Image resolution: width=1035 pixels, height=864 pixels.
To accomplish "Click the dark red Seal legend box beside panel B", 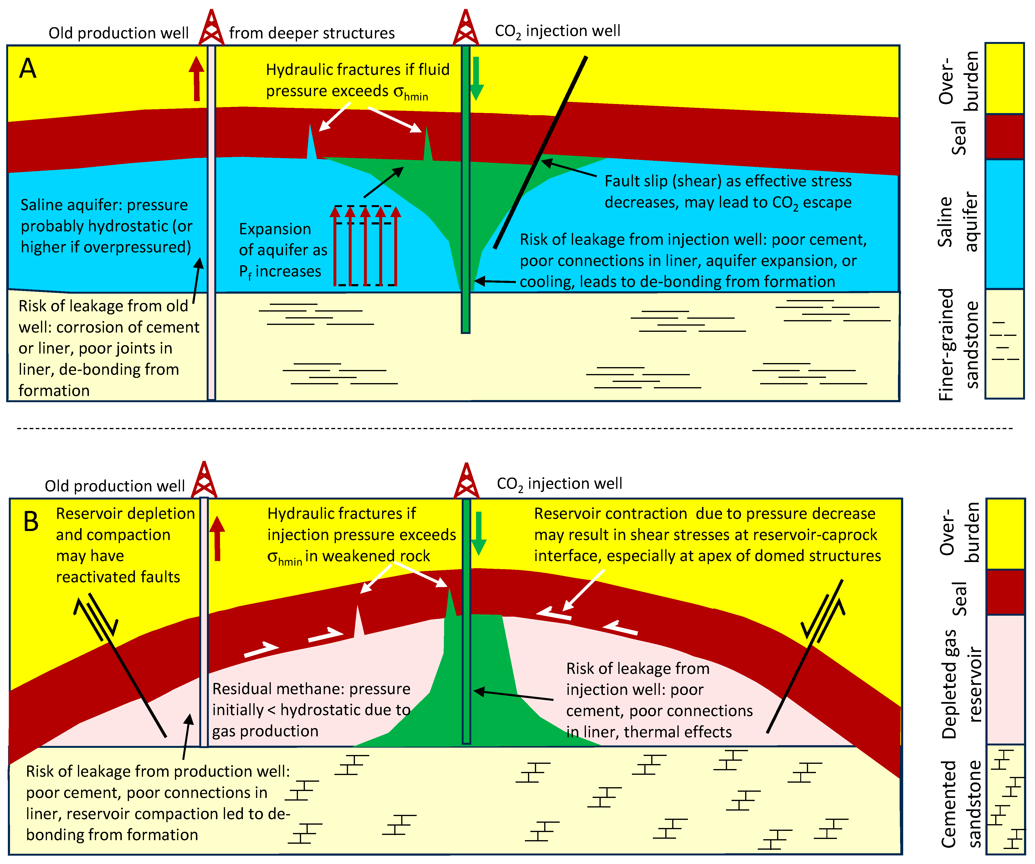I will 1005,592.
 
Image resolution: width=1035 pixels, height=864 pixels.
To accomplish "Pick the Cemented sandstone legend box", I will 1005,799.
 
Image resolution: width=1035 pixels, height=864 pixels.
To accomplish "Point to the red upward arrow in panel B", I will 217,539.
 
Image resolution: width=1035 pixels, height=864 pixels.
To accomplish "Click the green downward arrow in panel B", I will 478,534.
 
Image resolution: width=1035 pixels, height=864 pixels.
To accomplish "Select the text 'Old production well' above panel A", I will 118,33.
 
